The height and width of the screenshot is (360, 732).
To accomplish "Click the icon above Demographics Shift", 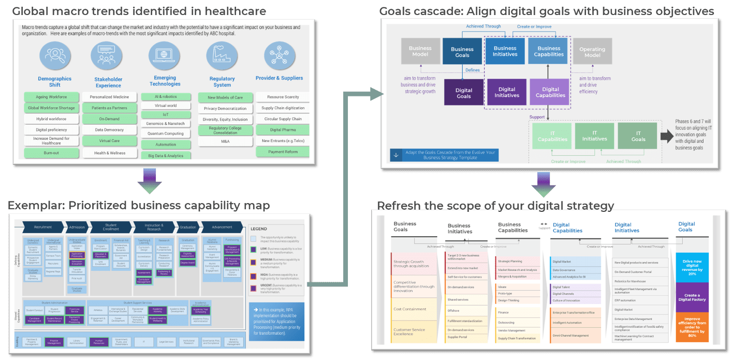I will tap(54, 56).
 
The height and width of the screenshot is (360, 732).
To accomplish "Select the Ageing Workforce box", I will tap(51, 97).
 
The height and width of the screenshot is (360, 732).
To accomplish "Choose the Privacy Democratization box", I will tap(225, 108).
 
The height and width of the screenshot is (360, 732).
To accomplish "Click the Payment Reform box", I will tap(283, 152).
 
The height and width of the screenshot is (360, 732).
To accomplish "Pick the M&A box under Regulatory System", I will tap(225, 141).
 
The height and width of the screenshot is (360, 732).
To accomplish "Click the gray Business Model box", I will tap(420, 51).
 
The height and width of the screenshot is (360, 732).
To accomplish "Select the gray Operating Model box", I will tap(592, 52).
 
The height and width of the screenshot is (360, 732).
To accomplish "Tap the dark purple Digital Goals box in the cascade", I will tap(463, 93).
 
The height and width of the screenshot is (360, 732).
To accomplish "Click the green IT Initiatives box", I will tap(594, 136).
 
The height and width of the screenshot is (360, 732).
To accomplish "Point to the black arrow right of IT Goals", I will tap(666, 136).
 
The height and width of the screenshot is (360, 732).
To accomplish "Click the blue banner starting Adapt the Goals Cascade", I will tap(444, 155).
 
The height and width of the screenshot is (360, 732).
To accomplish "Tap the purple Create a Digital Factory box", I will tap(692, 297).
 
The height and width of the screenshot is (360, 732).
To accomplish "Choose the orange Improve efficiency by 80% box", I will tap(692, 327).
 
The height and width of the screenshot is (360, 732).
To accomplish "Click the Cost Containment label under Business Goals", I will tap(410, 309).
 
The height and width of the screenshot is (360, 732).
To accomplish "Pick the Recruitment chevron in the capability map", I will tap(43, 227).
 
